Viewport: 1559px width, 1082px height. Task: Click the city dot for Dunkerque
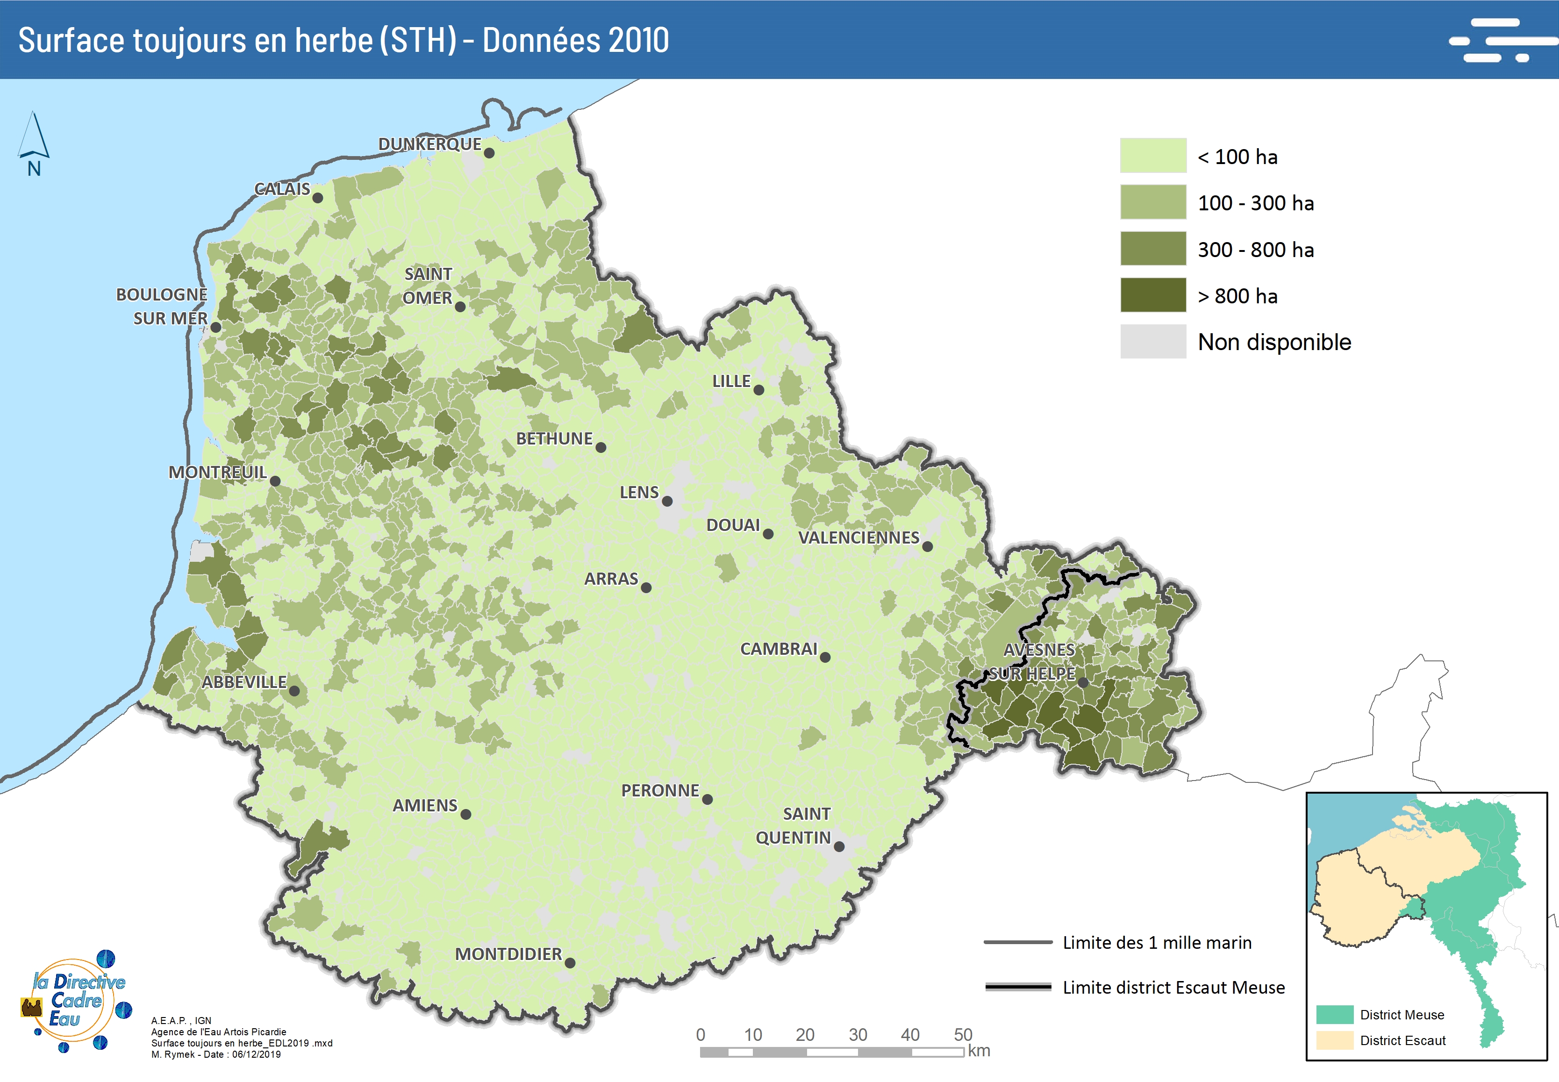489,153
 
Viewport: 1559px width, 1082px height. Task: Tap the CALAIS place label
282,189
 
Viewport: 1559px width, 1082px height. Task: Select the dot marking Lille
758,390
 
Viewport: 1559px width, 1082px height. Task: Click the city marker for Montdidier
570,963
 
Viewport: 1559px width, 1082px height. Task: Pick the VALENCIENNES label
858,537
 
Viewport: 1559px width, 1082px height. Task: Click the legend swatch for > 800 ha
1152,295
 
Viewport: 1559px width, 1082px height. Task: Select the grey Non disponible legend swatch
1152,341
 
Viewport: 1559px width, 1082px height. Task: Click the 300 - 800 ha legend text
1255,250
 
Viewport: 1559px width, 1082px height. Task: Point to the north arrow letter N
34,169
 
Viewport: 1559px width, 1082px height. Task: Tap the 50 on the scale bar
963,1034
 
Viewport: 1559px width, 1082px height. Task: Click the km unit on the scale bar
979,1051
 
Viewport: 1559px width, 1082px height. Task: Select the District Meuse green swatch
1334,1015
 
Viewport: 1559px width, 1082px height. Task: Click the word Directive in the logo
89,982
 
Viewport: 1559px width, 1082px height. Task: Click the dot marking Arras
646,588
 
